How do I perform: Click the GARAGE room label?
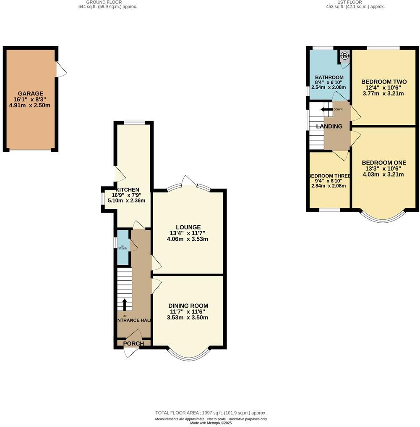(x=30, y=93)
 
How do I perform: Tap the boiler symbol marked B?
(x=344, y=55)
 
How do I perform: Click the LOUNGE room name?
(x=188, y=227)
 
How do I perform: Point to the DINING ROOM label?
(x=188, y=306)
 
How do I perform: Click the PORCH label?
(x=133, y=343)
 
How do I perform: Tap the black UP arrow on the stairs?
(x=124, y=303)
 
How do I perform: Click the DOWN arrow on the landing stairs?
(x=326, y=109)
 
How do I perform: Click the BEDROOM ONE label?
(x=384, y=163)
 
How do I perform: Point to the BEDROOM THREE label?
(x=329, y=176)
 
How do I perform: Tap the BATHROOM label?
(x=329, y=77)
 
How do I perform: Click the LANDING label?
(x=329, y=126)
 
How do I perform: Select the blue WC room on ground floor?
(x=123, y=248)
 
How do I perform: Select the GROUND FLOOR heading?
(x=107, y=2)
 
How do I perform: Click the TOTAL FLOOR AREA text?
(x=211, y=413)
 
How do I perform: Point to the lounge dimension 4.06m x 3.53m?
(x=188, y=239)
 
